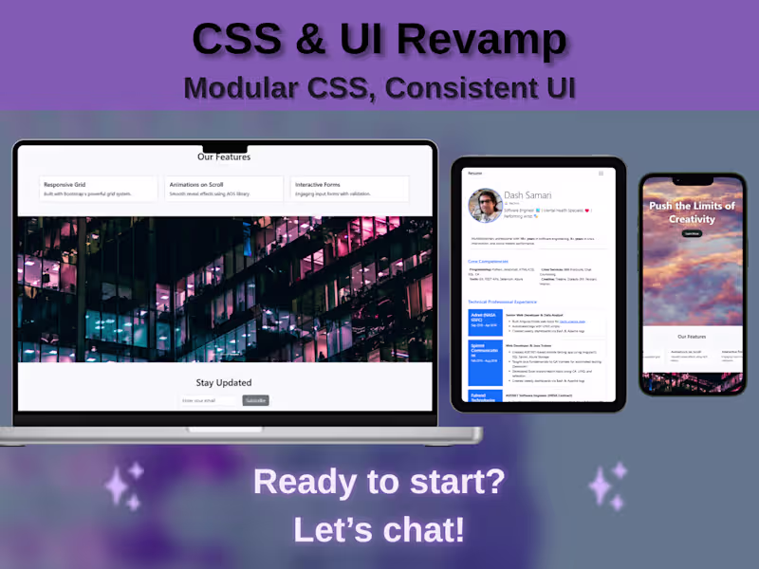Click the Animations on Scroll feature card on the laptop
[224, 188]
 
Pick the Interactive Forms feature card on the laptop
[350, 188]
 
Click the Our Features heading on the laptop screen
[224, 156]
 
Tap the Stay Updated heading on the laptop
[224, 383]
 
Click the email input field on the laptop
[209, 400]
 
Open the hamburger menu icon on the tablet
[601, 174]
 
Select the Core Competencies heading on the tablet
[488, 261]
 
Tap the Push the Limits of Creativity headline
[692, 211]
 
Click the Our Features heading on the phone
[692, 337]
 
